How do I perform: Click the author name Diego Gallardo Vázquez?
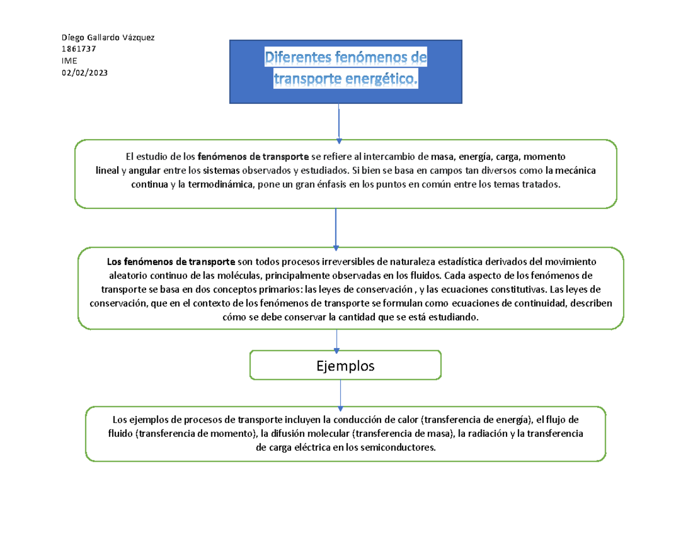tap(108, 38)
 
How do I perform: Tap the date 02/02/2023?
tap(84, 72)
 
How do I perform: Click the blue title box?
tap(346, 72)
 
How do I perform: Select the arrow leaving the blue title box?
tap(338, 122)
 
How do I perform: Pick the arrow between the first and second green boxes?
tap(336, 227)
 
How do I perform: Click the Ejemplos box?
tap(345, 365)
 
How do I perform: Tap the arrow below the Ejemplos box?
tap(340, 393)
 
